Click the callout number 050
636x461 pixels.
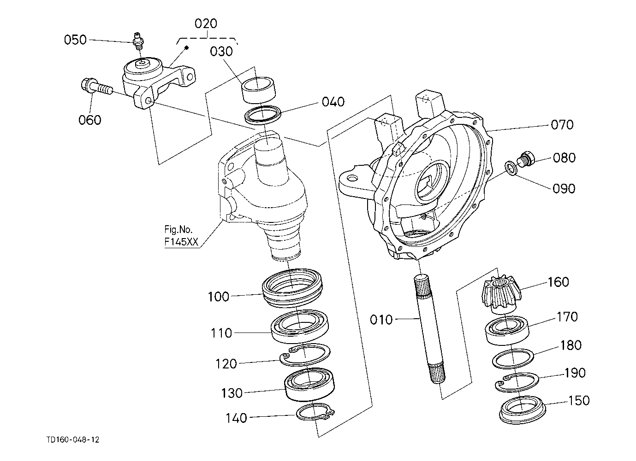click(x=75, y=40)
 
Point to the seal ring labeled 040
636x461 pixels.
click(x=262, y=115)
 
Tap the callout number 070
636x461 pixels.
click(x=562, y=125)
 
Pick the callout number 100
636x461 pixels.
click(x=219, y=297)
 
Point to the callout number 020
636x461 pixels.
click(x=206, y=23)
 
